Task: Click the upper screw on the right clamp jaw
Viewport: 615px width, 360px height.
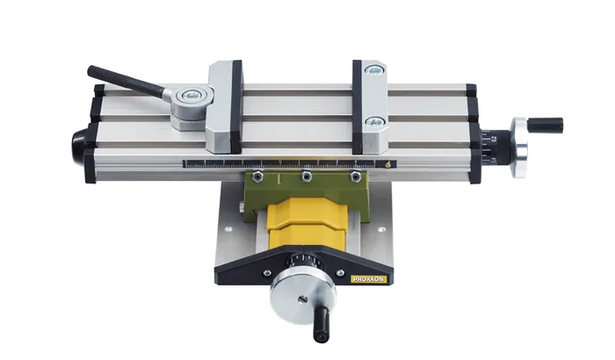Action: pyautogui.click(x=376, y=70)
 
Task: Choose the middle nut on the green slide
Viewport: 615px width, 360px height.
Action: pyautogui.click(x=307, y=178)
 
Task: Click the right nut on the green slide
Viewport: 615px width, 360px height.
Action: pyautogui.click(x=354, y=176)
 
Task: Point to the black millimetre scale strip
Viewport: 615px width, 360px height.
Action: pyautogui.click(x=281, y=162)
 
